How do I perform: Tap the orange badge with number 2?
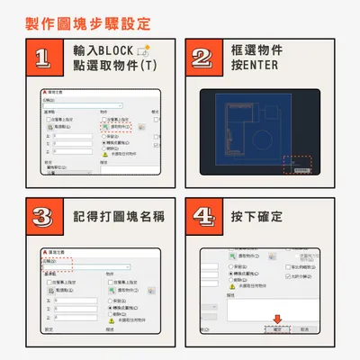tap(202, 59)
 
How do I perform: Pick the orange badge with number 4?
tap(202, 216)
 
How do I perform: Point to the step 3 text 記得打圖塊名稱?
tap(119, 216)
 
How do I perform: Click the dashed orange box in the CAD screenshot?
tap(296, 165)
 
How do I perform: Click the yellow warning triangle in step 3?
tap(112, 323)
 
